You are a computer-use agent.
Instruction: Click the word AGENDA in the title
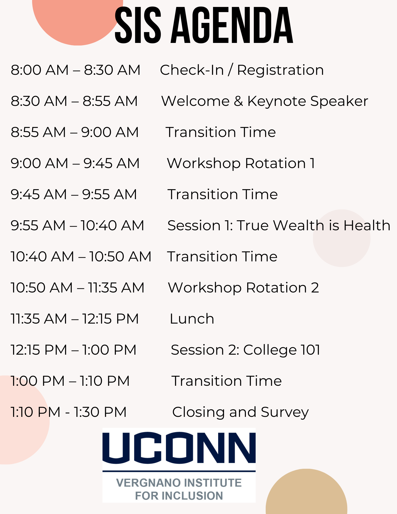232,25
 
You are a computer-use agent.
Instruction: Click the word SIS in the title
138,25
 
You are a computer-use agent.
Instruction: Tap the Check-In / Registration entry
242,70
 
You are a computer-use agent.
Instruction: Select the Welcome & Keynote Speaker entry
265,101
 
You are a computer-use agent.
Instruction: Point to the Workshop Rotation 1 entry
241,163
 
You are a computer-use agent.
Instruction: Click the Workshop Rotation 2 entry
243,288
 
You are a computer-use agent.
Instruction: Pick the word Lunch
192,319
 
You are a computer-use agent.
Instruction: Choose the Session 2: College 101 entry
246,350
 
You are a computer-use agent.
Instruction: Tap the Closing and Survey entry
241,412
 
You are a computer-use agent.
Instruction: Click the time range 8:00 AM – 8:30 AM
76,70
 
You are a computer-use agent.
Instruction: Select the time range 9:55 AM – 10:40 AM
77,225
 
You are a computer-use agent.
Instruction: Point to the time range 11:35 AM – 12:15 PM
75,319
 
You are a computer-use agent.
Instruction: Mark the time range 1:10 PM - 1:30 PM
69,412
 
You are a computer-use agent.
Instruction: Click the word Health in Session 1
367,225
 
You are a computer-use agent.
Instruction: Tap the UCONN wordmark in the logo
179,448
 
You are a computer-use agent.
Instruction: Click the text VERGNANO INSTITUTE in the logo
179,483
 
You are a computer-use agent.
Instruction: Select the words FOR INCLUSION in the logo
179,496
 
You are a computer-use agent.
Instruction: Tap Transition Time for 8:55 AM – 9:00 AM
221,132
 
